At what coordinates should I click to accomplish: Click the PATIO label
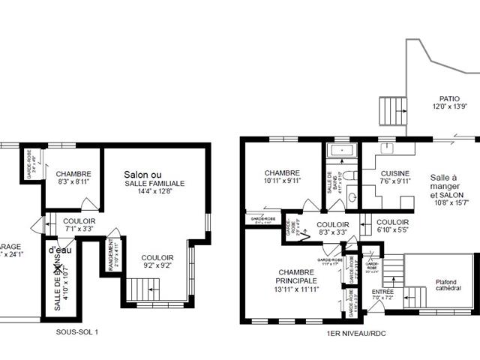coord(449,98)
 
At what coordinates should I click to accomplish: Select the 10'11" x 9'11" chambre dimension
coord(282,180)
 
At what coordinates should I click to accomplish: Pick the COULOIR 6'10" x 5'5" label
coord(392,226)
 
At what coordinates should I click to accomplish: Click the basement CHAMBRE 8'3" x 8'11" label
coord(73,176)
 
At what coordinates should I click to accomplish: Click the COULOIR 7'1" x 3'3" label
coord(79,226)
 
